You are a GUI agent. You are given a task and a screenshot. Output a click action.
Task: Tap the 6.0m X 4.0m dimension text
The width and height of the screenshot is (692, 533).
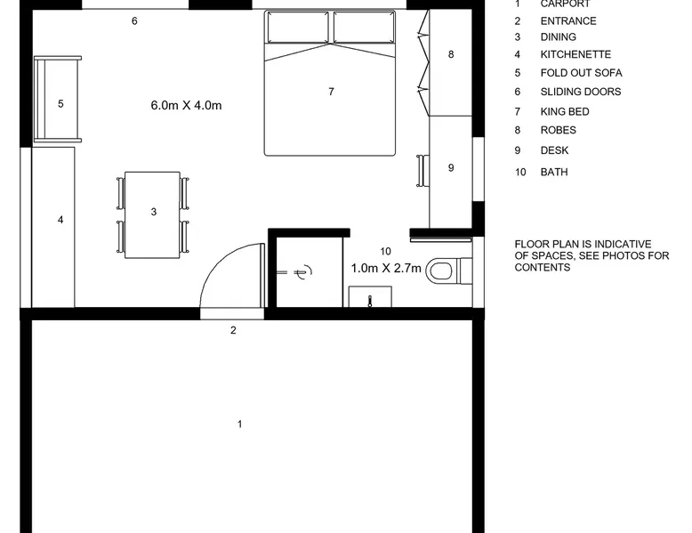coord(186,106)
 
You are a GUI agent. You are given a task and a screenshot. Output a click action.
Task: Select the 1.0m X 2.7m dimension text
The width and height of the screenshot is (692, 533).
coord(386,268)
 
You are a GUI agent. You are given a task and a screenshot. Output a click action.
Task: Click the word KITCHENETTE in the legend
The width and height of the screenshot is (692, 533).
coord(575,54)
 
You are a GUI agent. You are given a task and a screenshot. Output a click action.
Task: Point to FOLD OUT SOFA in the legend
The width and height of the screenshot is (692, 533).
coord(581,73)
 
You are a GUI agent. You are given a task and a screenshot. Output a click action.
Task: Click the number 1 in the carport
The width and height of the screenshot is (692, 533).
coord(239,424)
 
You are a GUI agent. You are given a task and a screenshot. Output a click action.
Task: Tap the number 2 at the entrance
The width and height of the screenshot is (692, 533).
coord(233,330)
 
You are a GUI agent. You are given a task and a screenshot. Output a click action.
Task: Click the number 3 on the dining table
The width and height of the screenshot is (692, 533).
coord(154,212)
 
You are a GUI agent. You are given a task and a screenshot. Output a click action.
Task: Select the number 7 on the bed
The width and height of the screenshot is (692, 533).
coord(331,92)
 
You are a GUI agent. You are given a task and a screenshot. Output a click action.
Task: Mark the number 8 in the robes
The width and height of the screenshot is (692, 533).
coord(451,54)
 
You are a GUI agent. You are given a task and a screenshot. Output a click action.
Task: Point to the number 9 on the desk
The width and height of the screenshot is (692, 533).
coord(451,167)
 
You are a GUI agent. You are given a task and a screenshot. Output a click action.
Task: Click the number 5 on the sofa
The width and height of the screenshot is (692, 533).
coord(60,103)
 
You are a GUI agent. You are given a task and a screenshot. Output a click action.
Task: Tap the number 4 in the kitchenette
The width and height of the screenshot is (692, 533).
coord(60,220)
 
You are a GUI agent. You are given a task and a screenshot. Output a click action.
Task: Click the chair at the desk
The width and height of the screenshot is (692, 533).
coord(422,171)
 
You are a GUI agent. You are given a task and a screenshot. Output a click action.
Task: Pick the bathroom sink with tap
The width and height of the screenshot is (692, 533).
coord(370,296)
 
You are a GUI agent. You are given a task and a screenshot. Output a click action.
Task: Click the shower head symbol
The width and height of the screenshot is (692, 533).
coord(302,272)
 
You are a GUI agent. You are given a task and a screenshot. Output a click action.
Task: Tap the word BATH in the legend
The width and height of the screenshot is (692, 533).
coord(554,172)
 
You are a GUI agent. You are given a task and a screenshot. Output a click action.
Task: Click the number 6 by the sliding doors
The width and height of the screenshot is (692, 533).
coord(134,20)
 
